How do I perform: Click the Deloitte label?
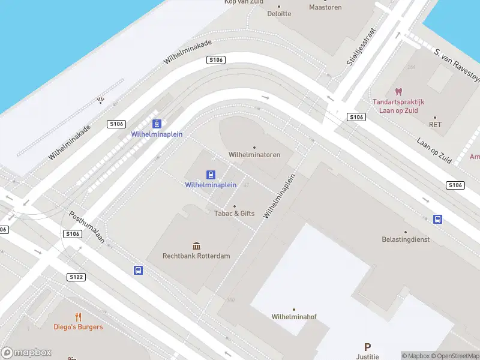279,13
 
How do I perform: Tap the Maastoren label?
325,7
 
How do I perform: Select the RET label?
435,125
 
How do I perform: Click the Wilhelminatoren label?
254,155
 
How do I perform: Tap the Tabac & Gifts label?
235,213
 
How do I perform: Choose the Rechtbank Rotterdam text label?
196,256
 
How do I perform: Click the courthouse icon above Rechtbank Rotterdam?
196,245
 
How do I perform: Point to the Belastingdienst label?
406,239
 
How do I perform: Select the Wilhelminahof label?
293,316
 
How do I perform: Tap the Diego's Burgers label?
78,327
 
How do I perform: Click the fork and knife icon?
78,317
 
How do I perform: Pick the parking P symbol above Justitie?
367,347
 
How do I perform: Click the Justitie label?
367,356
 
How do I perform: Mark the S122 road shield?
76,277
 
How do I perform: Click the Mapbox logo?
26,353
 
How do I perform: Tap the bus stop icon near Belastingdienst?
438,219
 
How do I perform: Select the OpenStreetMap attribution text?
456,356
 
